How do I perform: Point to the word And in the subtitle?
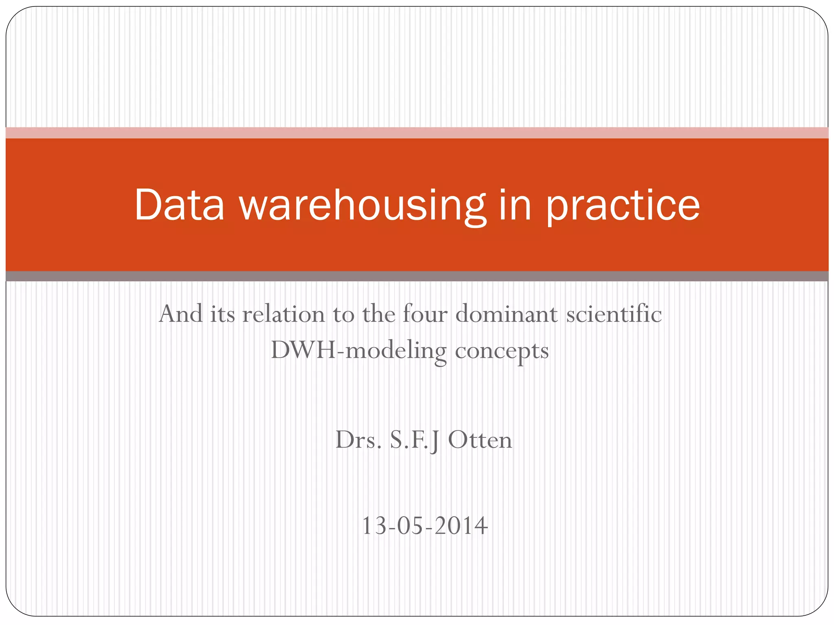(x=181, y=314)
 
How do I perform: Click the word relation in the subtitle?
(x=283, y=314)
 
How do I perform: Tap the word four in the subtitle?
(x=425, y=314)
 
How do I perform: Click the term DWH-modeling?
(x=358, y=350)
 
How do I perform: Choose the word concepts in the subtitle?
(x=502, y=351)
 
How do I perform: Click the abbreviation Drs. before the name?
(x=358, y=440)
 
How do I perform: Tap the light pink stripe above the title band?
(x=417, y=133)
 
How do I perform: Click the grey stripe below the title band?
(x=417, y=276)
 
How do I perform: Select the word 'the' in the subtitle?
(x=378, y=314)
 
